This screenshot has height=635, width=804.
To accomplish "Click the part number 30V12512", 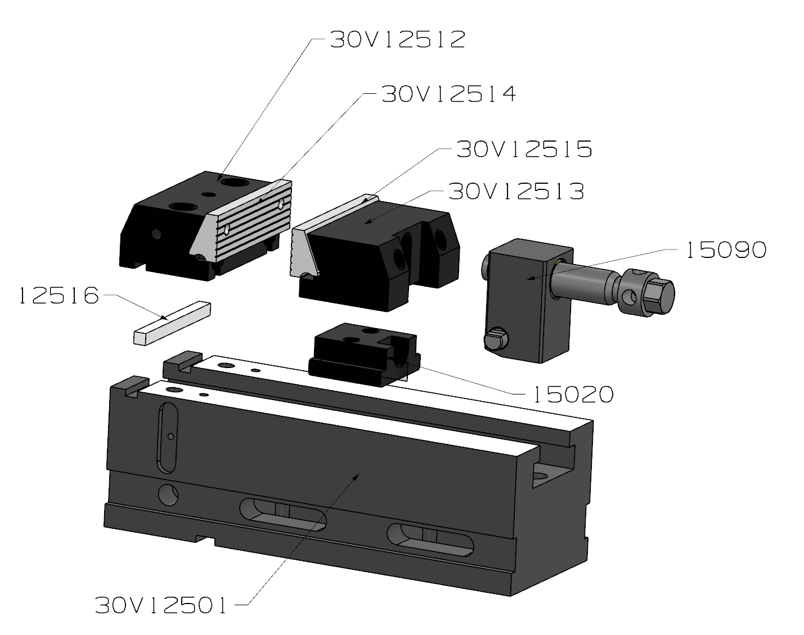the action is (398, 39).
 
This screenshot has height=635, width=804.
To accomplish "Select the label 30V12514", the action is (449, 94).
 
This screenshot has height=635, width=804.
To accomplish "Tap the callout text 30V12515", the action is (524, 149).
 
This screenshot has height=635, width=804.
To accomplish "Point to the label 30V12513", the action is (516, 192).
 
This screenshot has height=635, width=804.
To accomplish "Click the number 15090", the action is (727, 250).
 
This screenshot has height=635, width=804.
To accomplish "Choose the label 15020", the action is (573, 394).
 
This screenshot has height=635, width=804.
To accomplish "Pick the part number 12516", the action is (59, 296).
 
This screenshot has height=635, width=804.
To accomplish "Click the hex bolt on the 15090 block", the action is (496, 338).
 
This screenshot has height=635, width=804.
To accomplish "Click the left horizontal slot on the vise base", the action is (283, 514).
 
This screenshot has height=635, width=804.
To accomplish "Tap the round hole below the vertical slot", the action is (168, 495).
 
